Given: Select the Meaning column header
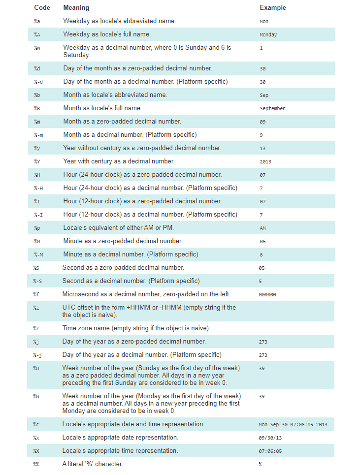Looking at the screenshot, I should (x=76, y=8).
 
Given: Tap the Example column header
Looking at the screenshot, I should (x=272, y=8).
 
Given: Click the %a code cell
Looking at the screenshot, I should (x=37, y=22).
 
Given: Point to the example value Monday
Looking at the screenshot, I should (x=268, y=35).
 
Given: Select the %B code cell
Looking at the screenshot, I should (x=37, y=108).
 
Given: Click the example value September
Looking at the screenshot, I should (x=272, y=108).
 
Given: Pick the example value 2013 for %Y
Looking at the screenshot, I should (x=265, y=161).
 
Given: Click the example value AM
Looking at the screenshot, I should (x=262, y=228).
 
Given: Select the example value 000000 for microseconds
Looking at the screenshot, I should (x=267, y=295).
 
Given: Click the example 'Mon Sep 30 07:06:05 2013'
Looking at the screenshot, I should (x=293, y=424).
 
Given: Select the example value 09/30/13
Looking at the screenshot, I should (x=269, y=438).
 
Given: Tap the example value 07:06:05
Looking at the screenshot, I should (x=270, y=451).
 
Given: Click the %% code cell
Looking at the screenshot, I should (x=36, y=464).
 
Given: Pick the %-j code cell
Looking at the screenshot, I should (x=37, y=355).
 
